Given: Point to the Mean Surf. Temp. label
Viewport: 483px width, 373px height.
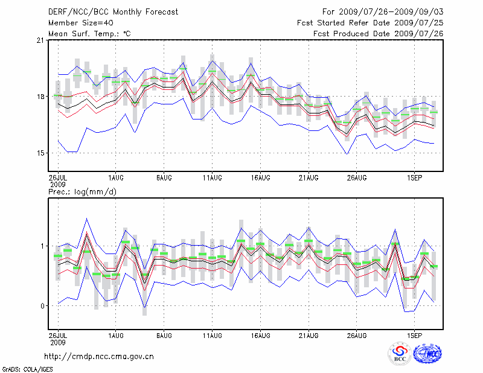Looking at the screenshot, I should [x=89, y=33].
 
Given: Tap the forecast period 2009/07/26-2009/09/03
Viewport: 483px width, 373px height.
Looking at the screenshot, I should [x=383, y=11].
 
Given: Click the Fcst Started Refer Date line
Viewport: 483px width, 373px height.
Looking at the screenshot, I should [x=371, y=22].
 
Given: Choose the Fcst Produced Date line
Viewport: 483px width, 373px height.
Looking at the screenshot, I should [x=379, y=33].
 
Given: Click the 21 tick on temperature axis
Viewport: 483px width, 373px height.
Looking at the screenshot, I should [x=40, y=40].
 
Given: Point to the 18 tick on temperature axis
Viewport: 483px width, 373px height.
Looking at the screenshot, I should [x=40, y=97].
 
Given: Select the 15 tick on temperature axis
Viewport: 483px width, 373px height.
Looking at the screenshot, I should [x=40, y=153].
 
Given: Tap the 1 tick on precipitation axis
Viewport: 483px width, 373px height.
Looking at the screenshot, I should [x=43, y=246].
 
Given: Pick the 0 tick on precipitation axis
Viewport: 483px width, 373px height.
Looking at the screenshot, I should [x=43, y=306].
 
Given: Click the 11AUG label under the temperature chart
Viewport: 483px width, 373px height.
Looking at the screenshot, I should [x=212, y=178].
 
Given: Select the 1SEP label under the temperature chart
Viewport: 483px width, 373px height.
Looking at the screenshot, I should [x=414, y=178].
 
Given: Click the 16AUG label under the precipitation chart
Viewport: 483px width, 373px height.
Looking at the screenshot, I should [x=260, y=334].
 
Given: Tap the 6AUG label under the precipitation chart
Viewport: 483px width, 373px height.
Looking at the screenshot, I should [x=164, y=334].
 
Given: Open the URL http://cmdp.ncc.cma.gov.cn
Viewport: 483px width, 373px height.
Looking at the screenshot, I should [x=99, y=356].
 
